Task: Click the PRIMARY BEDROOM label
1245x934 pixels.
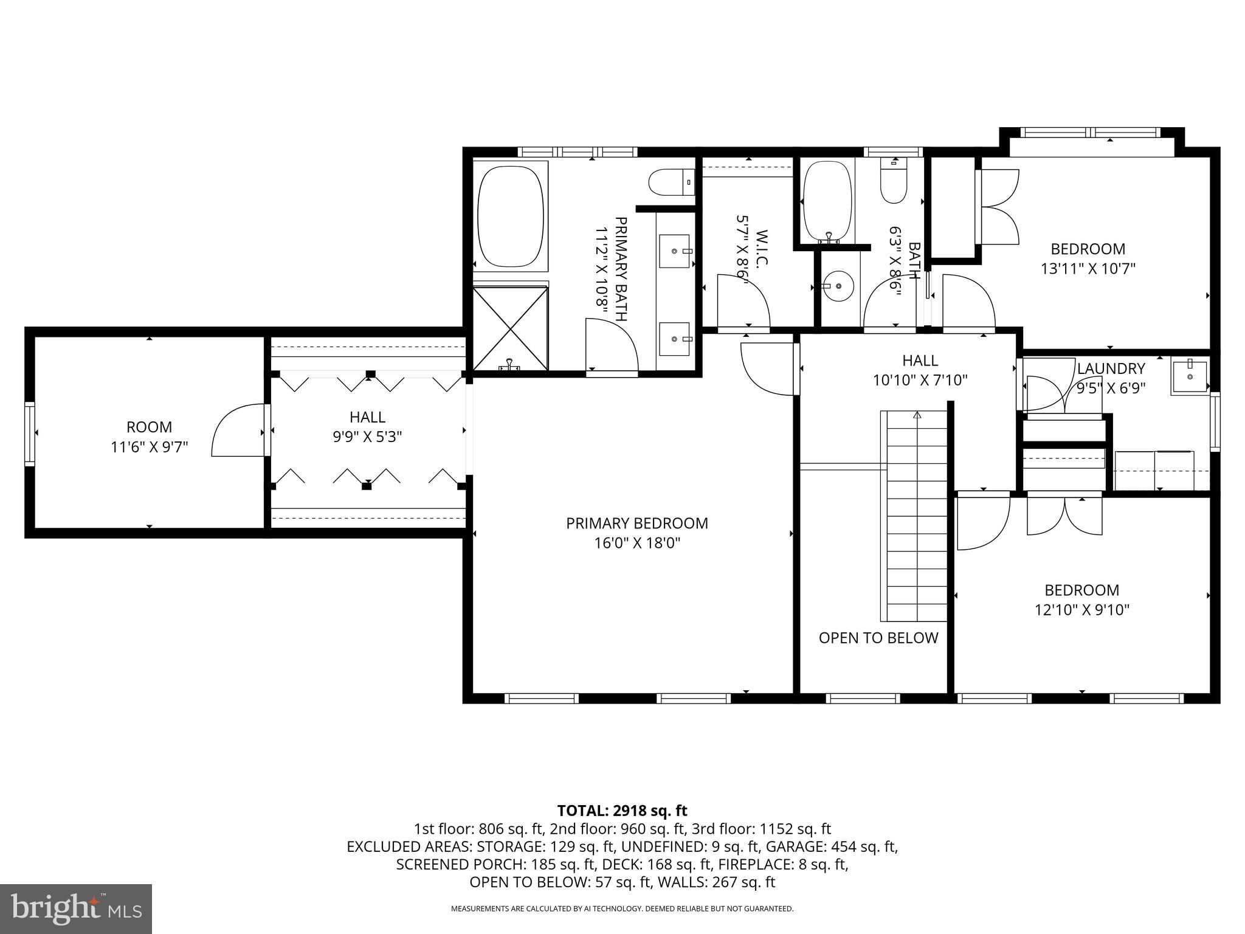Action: point(636,523)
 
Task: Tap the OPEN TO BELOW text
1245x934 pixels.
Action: point(878,638)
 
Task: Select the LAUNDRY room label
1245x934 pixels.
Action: point(1111,368)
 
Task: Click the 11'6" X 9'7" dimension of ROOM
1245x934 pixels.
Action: point(149,447)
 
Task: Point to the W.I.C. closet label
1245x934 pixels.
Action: point(762,248)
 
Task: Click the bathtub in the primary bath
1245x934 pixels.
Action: point(510,217)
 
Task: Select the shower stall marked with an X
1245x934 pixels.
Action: point(510,329)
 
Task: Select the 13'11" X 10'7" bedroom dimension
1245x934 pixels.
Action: point(1088,268)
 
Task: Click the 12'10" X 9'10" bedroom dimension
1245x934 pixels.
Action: point(1081,609)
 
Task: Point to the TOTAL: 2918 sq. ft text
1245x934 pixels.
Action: point(622,811)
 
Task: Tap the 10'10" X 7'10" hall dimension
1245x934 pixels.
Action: point(920,380)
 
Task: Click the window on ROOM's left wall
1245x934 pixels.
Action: point(29,434)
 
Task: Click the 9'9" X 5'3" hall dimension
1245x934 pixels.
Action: point(367,437)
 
